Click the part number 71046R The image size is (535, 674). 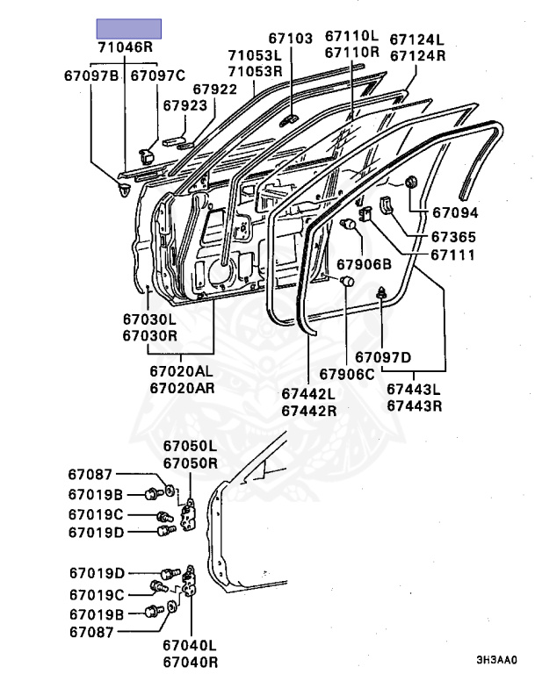click(x=125, y=48)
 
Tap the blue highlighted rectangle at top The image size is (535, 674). click(x=128, y=28)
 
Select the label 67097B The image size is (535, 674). click(x=90, y=75)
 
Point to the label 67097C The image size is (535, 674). click(x=158, y=75)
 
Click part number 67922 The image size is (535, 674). click(x=215, y=90)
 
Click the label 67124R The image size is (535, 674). click(x=417, y=55)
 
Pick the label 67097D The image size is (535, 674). click(x=383, y=356)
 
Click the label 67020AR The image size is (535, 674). click(x=181, y=387)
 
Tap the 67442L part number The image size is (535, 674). click(x=309, y=394)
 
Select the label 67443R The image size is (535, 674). click(x=415, y=406)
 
